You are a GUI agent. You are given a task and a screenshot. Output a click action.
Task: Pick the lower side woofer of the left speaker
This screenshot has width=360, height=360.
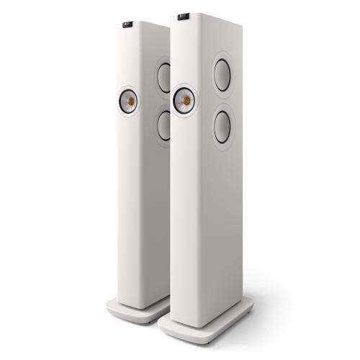tap(164, 124)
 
